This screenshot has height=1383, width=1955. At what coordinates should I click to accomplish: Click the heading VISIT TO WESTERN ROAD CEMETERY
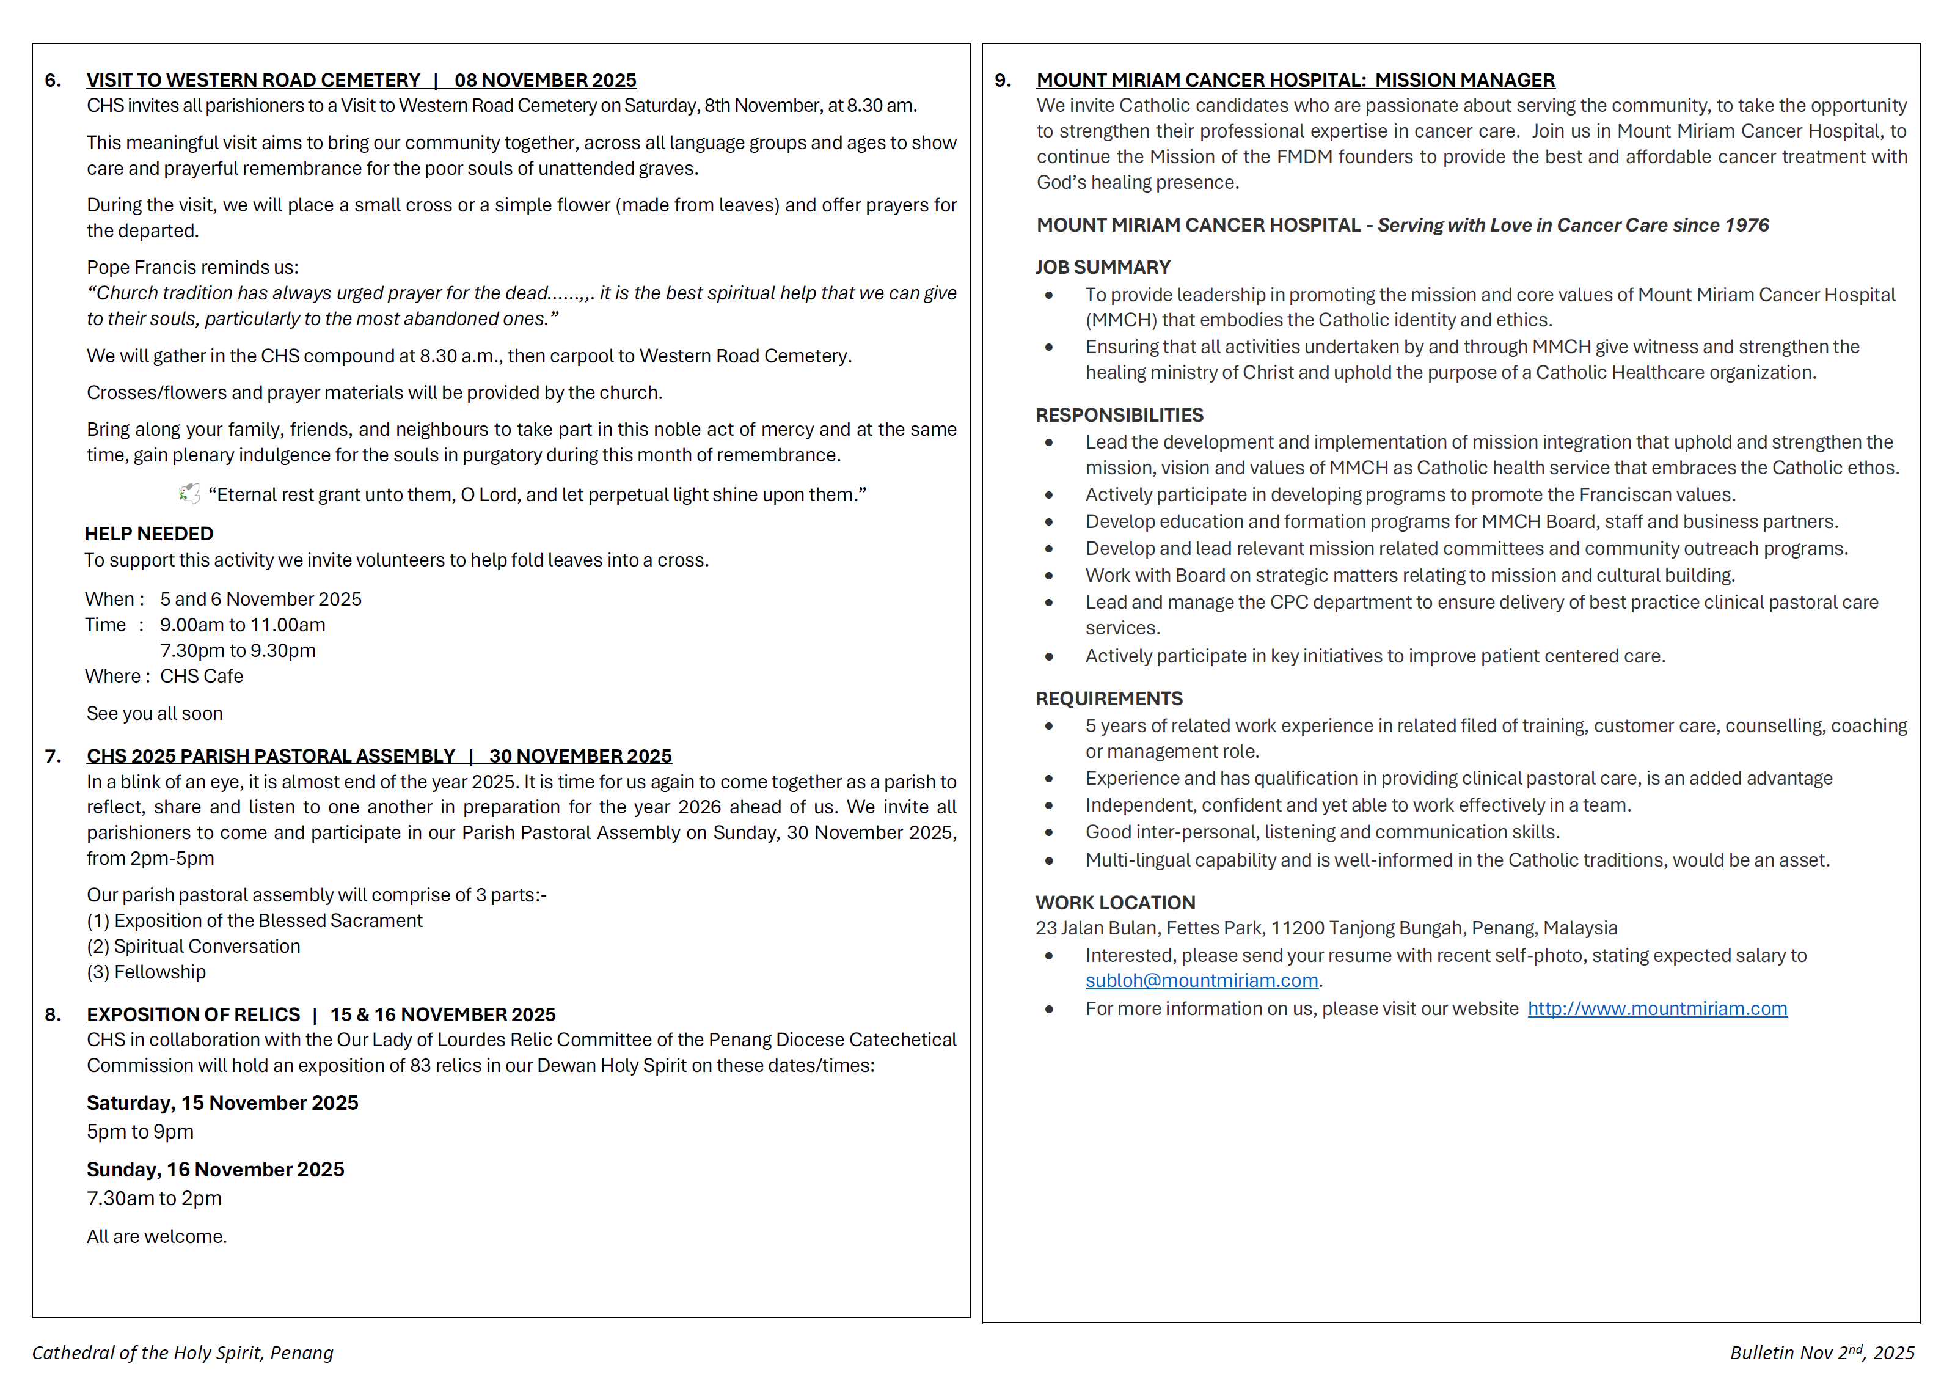click(x=253, y=80)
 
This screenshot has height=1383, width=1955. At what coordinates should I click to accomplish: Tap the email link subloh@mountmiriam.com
click(x=1202, y=980)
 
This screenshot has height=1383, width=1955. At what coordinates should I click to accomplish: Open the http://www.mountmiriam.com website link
click(x=1657, y=1009)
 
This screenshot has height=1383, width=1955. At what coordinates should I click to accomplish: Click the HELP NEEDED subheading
click(x=149, y=534)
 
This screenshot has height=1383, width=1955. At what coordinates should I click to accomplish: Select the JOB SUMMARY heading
click(x=1103, y=268)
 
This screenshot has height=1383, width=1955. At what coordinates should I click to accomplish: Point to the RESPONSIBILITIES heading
click(x=1119, y=416)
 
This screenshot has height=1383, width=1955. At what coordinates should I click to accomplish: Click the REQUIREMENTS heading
click(x=1109, y=699)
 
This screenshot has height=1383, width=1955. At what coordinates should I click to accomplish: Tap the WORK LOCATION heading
click(x=1114, y=903)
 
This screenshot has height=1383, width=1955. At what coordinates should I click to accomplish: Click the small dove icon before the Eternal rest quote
click(x=189, y=494)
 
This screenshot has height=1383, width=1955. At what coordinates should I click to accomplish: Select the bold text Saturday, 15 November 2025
click(x=222, y=1103)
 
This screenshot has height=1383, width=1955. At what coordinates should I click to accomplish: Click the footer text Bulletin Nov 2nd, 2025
click(x=1821, y=1352)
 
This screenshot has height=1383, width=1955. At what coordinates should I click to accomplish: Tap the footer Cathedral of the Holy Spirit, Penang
click(x=182, y=1352)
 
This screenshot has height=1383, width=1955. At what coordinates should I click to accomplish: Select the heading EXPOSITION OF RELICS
click(x=193, y=1014)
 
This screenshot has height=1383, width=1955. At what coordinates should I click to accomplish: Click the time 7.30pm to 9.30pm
click(x=238, y=651)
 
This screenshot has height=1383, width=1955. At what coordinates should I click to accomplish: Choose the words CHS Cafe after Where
click(x=202, y=676)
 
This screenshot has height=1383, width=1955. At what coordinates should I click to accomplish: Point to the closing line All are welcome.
click(x=156, y=1236)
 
